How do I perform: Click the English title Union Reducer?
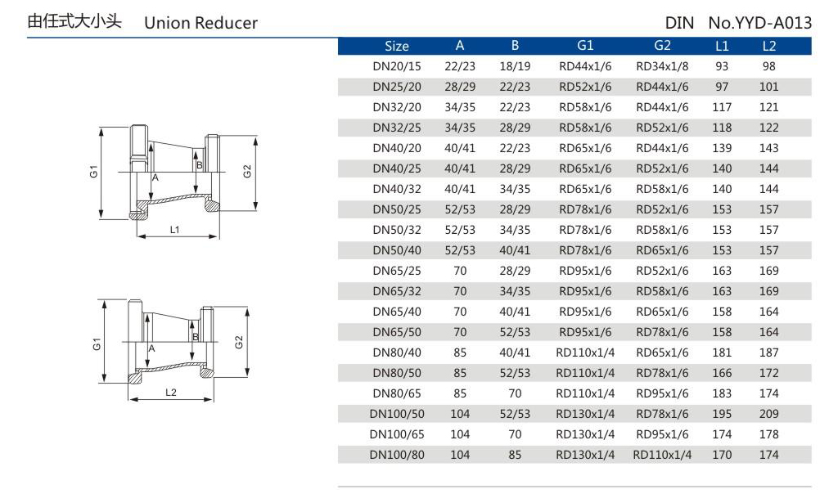pos(200,23)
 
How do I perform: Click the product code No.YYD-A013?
pos(759,23)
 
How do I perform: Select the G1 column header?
pos(585,46)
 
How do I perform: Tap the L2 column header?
pos(768,46)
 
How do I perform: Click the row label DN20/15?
pos(397,66)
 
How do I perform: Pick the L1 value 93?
pos(722,66)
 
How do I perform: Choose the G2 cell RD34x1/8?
pos(662,66)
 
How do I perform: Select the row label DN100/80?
pos(397,455)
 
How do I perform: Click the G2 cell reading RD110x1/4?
pos(662,455)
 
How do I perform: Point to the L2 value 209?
pos(768,414)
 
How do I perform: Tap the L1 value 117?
pos(722,107)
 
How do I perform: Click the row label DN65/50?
pos(397,332)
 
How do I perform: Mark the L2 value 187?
pos(768,353)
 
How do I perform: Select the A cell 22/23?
pos(460,66)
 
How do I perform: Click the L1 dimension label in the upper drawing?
pos(174,230)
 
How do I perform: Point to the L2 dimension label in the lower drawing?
pos(170,393)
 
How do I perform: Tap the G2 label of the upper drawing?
pos(247,171)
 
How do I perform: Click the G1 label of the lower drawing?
pos(97,344)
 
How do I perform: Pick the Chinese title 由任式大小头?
pos(74,22)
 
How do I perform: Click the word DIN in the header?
pos(680,23)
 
